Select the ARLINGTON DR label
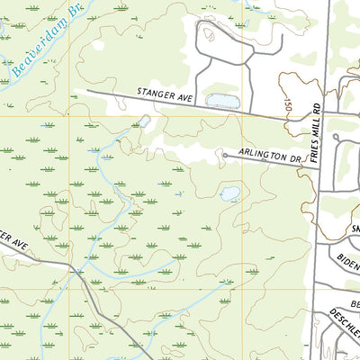[269, 156]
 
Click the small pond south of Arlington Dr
[230, 193]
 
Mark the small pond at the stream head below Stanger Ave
[144, 120]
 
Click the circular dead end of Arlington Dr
[224, 155]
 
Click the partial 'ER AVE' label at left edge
[16, 240]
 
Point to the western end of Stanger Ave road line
[88, 91]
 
